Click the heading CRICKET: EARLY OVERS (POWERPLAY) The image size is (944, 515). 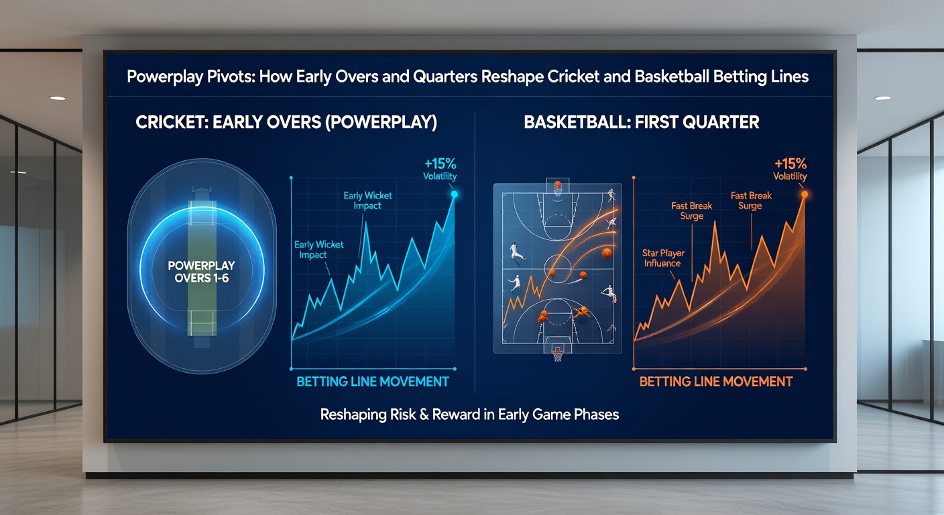click(286, 123)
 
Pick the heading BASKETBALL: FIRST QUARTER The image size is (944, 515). click(641, 123)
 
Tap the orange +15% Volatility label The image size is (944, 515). click(790, 170)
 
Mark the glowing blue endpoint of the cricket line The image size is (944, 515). click(454, 194)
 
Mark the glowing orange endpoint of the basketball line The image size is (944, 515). click(804, 194)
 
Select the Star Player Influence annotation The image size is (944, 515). click(662, 258)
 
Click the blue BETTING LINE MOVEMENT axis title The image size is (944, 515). click(373, 382)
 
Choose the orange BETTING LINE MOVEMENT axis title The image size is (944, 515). click(715, 382)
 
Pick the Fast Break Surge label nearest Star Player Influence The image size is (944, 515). click(691, 211)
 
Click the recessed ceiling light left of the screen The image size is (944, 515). click(58, 98)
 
